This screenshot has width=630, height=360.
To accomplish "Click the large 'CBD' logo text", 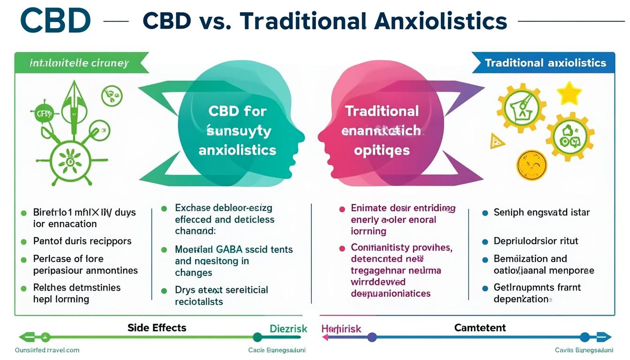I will (55, 21).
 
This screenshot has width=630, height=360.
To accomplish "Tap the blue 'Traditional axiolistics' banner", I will (545, 63).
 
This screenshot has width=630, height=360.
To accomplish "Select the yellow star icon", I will (569, 93).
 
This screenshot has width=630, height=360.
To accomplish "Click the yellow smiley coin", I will (532, 165).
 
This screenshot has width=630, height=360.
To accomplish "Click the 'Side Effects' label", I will (157, 328).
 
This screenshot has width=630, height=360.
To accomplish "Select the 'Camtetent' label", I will (480, 328).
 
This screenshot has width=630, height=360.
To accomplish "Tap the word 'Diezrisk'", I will (288, 329).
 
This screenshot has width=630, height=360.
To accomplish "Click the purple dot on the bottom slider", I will (372, 337).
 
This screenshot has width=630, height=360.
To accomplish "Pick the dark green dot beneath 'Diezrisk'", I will (257, 337).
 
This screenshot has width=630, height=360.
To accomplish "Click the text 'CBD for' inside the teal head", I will (237, 111).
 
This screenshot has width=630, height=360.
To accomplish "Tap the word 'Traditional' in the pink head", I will (382, 111).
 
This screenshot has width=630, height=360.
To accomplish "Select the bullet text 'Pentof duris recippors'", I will (82, 241).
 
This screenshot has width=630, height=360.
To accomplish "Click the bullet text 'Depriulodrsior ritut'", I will (536, 241).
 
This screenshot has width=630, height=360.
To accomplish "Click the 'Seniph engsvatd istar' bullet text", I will (541, 212).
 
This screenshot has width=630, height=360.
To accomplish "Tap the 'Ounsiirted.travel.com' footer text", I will (47, 350).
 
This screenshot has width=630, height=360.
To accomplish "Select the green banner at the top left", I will (80, 63).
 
